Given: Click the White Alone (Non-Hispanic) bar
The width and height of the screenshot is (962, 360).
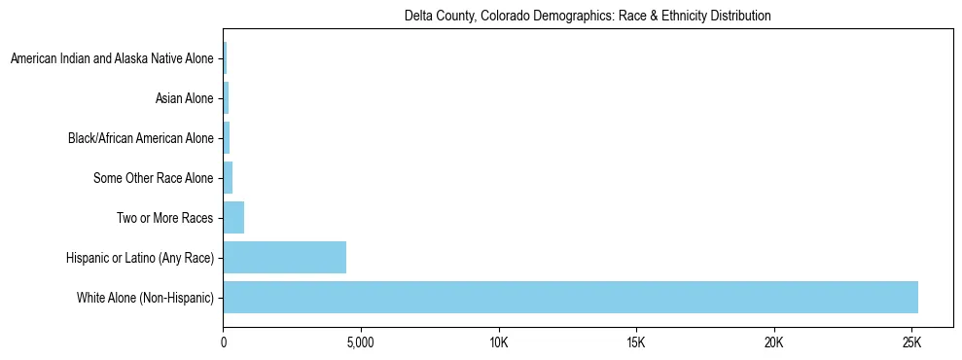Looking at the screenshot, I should coord(570,297).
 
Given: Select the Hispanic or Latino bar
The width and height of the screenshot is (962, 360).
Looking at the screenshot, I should coord(284,257).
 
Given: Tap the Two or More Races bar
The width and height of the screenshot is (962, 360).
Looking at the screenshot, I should coord(233,217).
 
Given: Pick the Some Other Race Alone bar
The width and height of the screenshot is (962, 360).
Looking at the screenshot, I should coord(228,177).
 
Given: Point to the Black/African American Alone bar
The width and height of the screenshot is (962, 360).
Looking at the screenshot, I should coord(227,138).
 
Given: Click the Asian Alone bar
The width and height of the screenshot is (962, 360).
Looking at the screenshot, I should coord(226,98).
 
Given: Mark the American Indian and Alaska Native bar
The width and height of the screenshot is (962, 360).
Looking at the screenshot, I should coord(225,58).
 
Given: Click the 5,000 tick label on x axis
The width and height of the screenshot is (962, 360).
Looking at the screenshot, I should coord(361,343).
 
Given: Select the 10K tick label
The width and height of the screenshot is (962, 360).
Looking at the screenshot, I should coord(499,343).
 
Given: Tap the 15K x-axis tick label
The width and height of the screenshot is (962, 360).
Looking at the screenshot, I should coord(636,343).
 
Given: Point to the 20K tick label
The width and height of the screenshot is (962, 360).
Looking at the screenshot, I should coord(774,343).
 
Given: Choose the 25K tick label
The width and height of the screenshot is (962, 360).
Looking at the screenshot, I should coord(911,343).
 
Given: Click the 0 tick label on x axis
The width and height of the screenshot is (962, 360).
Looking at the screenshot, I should coord(224,343).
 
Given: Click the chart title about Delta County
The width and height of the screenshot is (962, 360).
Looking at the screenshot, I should coord(588,16).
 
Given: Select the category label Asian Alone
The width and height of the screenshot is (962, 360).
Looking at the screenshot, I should coord(184,98).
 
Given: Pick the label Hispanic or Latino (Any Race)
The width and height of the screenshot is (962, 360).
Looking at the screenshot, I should coord(142,257).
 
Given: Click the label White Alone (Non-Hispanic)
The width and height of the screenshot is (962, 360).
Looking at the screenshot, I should coord(145,297).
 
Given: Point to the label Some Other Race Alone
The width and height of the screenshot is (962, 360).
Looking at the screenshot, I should coord(153,177).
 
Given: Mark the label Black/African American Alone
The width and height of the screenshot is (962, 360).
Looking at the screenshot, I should coord(140,138).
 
